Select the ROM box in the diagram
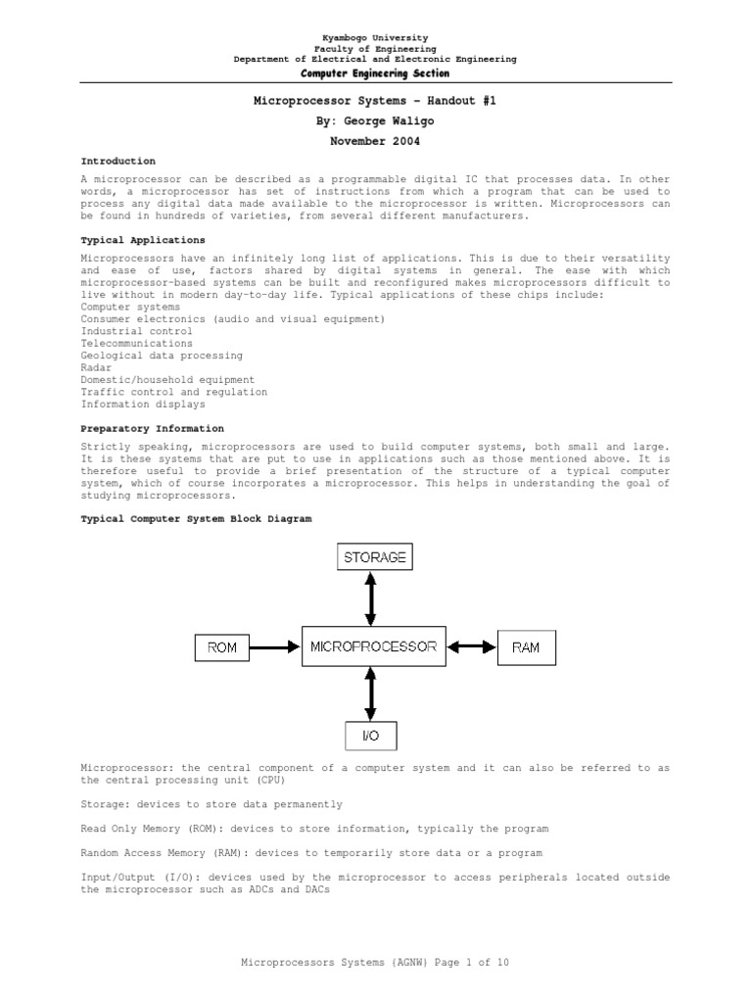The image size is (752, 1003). tap(222, 647)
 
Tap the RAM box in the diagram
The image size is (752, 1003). tap(526, 647)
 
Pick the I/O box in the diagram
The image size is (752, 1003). tap(370, 735)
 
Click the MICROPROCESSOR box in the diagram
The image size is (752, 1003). tap(373, 646)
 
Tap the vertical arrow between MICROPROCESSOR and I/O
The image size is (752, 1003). tap(370, 693)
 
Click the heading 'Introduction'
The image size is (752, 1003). tap(117, 161)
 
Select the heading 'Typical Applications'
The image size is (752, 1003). tap(143, 240)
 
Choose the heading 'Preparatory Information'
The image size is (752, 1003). tap(152, 428)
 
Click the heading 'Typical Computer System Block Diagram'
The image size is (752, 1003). tap(196, 519)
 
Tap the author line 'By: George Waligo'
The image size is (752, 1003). tap(375, 120)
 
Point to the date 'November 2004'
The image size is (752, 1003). tap(375, 141)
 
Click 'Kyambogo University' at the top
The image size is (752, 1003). tap(375, 37)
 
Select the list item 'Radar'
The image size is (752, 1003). tap(95, 368)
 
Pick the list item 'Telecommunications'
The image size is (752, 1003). tap(136, 344)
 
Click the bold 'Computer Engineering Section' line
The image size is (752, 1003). tap(375, 73)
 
